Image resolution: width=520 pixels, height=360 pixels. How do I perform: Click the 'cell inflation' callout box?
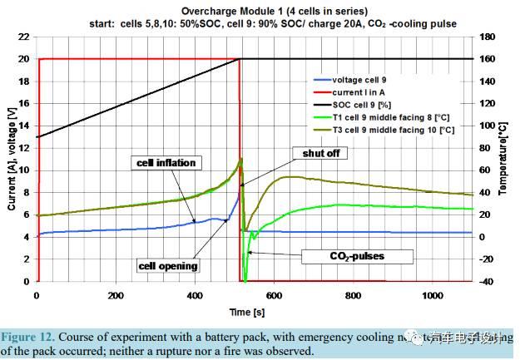click(166, 163)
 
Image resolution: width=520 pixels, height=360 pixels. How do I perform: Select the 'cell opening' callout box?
click(169, 266)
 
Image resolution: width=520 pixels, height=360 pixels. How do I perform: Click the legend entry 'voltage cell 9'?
click(366, 80)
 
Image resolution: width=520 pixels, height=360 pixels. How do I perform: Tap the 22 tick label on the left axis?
click(22, 38)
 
